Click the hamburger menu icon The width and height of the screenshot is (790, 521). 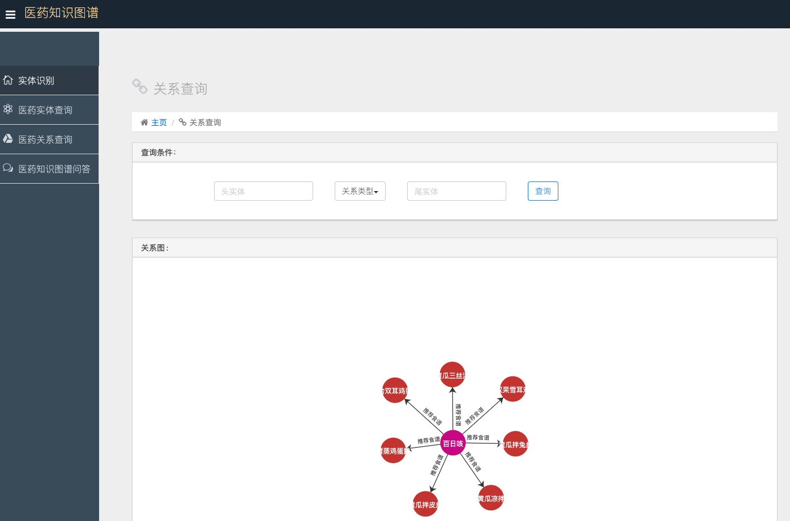point(10,15)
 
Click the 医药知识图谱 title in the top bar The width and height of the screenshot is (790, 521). point(62,13)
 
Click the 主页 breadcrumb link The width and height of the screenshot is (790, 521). point(159,122)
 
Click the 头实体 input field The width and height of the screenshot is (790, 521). point(263,191)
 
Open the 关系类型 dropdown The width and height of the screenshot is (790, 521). point(360,191)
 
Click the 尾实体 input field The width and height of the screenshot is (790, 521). point(456,191)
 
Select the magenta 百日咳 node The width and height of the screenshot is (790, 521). point(452,443)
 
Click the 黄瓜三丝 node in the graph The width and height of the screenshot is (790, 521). point(452,375)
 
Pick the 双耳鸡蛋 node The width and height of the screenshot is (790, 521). point(395,390)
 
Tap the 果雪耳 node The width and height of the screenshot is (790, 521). point(513,389)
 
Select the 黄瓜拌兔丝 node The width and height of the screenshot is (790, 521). point(515,444)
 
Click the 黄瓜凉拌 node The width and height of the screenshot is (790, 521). point(491,498)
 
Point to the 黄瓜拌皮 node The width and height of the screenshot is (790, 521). point(425,504)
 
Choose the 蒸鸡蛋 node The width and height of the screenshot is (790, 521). point(393,451)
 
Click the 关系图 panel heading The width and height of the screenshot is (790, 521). point(155,248)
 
